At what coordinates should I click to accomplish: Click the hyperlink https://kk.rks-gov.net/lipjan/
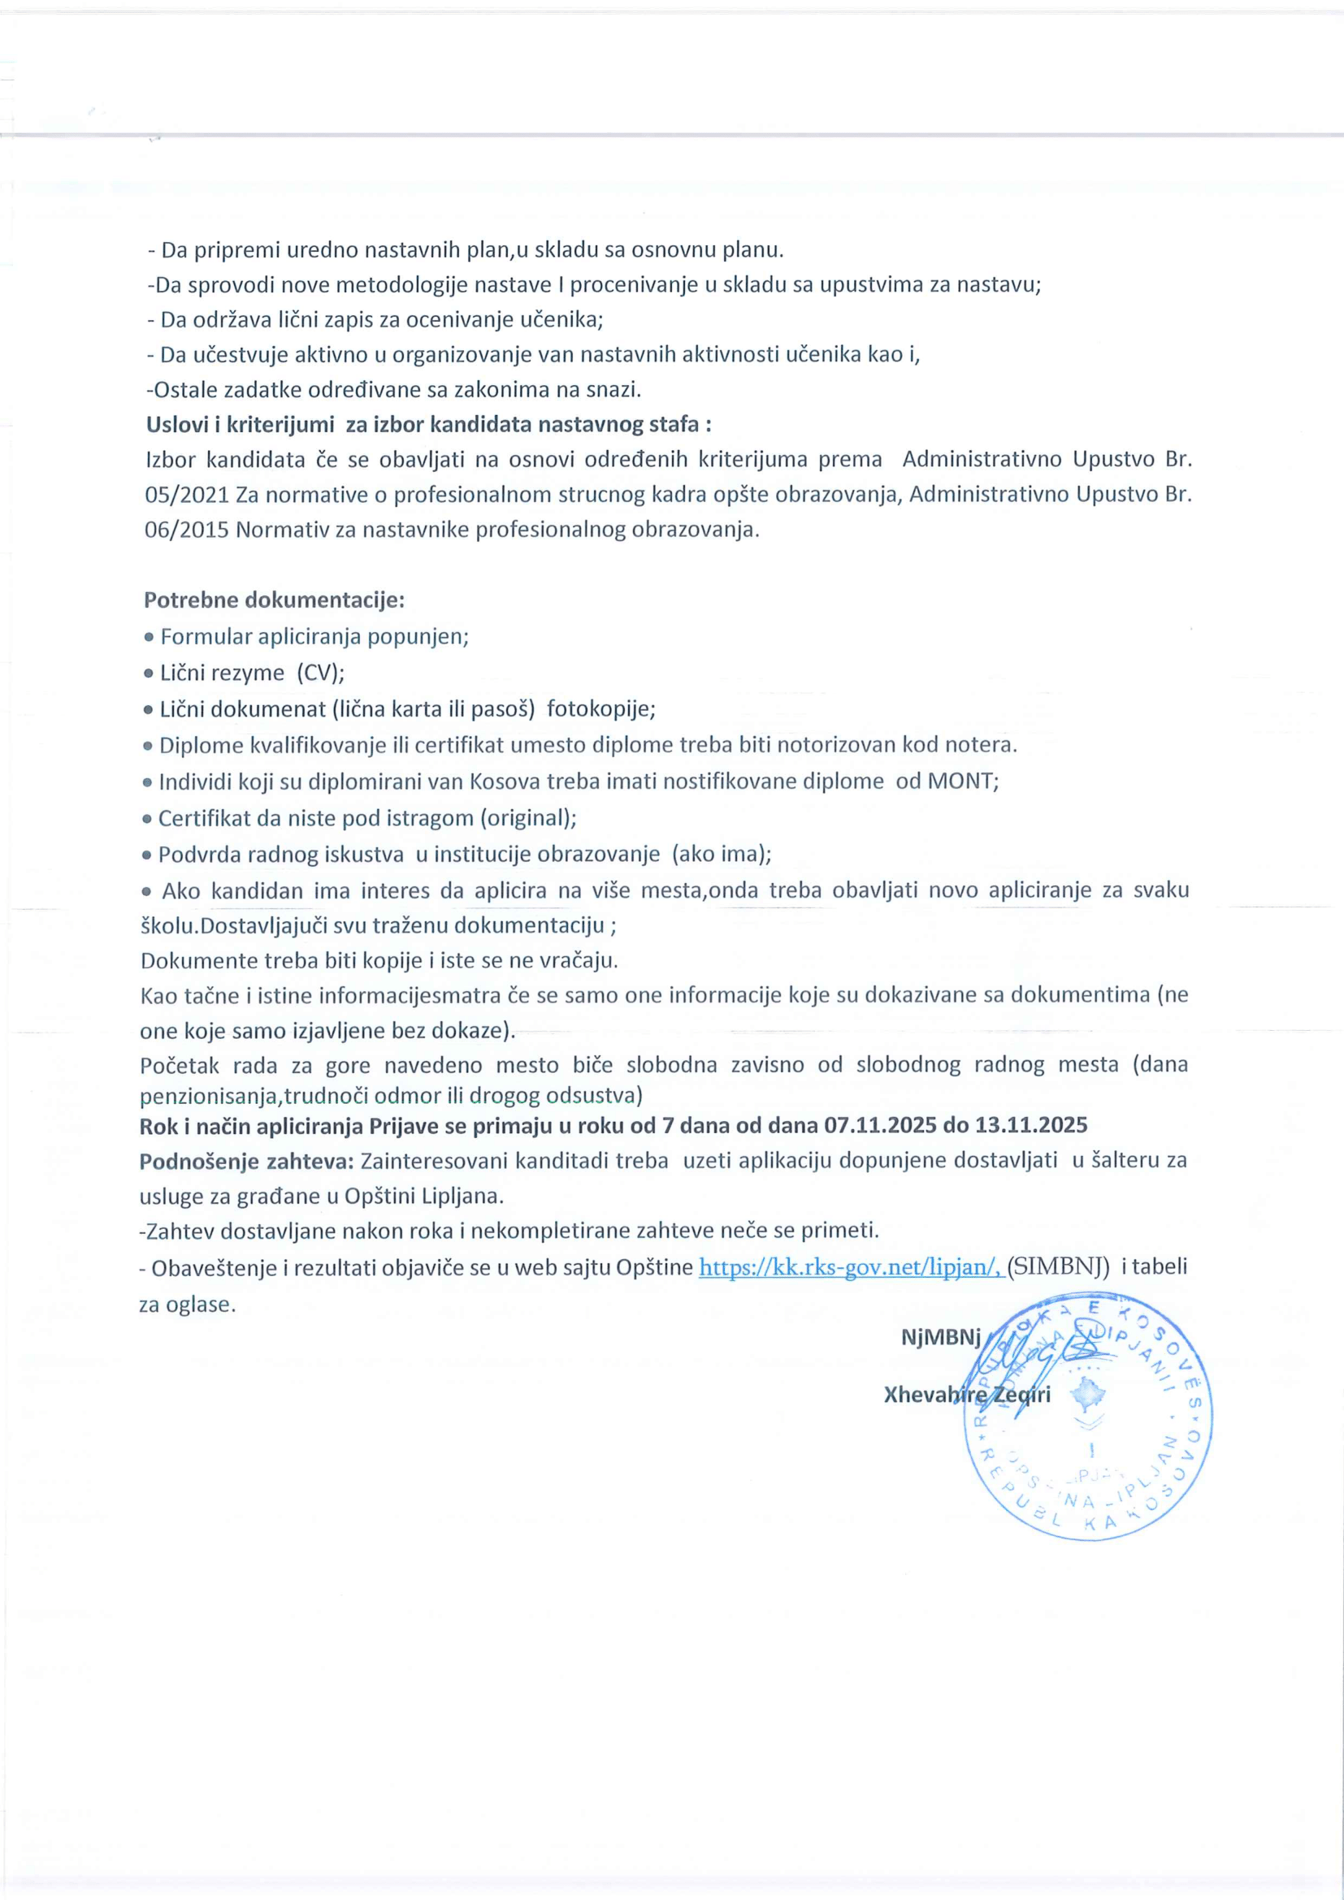coord(851,1267)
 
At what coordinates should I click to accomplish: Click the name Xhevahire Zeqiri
coord(967,1395)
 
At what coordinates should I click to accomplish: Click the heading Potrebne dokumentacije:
coord(274,600)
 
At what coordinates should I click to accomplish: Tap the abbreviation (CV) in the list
coord(320,673)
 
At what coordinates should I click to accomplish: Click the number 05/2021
coord(186,495)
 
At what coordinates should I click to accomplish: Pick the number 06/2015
coord(186,530)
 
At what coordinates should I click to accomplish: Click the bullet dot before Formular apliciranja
coord(149,638)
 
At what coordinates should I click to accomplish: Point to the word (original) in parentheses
coord(528,819)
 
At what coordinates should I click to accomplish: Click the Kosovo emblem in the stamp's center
coord(1088,1397)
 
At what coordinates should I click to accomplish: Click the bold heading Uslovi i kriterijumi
coord(240,425)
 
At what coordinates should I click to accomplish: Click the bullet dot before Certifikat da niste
coord(147,820)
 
